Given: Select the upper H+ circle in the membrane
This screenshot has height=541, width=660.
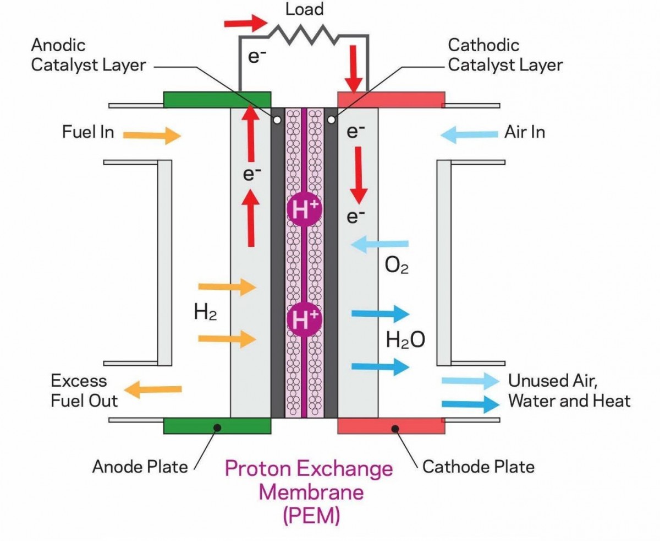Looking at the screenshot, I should pyautogui.click(x=304, y=210).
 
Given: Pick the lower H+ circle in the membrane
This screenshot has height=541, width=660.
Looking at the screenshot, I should pyautogui.click(x=304, y=318).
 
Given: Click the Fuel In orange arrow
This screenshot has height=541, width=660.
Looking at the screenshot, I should pyautogui.click(x=151, y=135).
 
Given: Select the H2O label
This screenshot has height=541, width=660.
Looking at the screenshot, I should pyautogui.click(x=405, y=340).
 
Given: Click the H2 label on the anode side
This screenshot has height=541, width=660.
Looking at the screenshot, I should pyautogui.click(x=205, y=312).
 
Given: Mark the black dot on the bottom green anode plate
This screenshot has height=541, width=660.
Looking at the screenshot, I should pyautogui.click(x=218, y=427).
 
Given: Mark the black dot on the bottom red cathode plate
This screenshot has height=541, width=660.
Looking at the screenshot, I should pyautogui.click(x=394, y=427).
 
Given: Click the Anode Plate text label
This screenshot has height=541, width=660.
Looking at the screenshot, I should pyautogui.click(x=140, y=467).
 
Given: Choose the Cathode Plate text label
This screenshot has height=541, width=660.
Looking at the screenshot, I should pyautogui.click(x=478, y=467).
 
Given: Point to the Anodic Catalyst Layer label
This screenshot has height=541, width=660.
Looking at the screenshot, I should pyautogui.click(x=88, y=55).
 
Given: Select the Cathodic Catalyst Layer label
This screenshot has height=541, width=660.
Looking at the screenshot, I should pyautogui.click(x=505, y=55).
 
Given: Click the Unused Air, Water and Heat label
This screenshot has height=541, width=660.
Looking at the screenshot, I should pyautogui.click(x=569, y=391).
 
